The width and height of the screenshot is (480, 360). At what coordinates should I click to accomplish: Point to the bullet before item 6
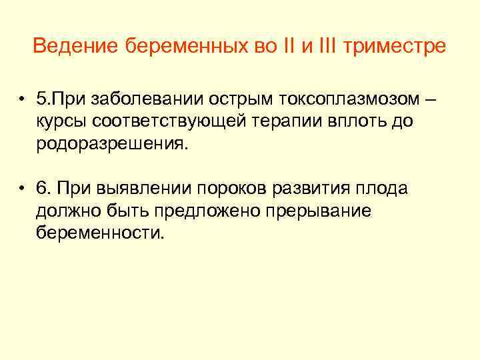(x=23, y=189)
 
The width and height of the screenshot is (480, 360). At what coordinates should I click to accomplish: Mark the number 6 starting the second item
(x=43, y=189)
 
